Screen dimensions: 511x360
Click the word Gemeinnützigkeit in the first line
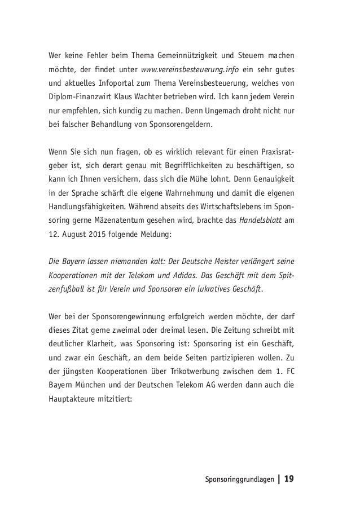click(173, 56)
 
